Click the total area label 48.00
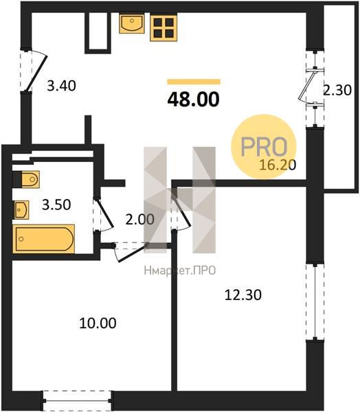tap(193, 100)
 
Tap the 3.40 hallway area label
tap(61, 86)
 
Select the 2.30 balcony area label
tap(337, 90)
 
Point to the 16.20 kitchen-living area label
tap(278, 165)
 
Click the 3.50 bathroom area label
tap(56, 205)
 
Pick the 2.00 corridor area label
tap(139, 220)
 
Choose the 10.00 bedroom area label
tap(98, 323)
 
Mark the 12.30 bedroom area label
tap(243, 295)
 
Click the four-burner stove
tap(164, 28)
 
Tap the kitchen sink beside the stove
tap(132, 23)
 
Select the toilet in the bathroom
tap(26, 179)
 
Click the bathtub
tap(44, 239)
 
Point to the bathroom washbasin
tap(21, 209)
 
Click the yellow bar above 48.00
tap(194, 82)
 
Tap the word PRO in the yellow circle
tap(264, 146)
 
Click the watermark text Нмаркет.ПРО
tap(180, 271)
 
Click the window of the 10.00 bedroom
tap(77, 400)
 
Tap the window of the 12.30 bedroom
tap(315, 301)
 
